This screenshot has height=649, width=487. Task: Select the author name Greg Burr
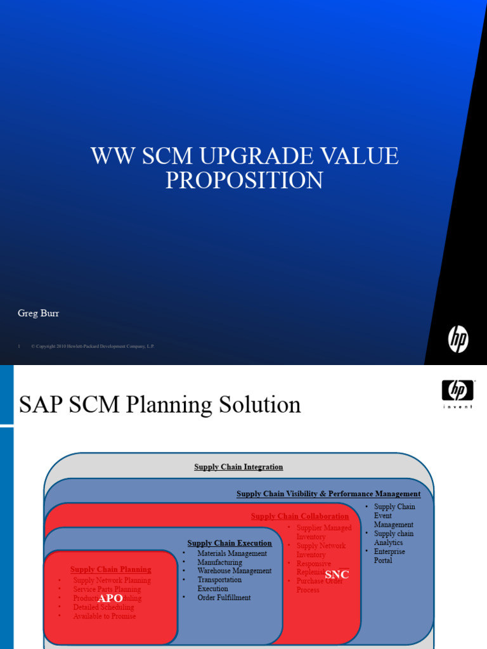tap(38, 313)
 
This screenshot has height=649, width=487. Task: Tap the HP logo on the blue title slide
tap(458, 339)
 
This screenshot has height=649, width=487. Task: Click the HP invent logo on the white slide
tap(458, 392)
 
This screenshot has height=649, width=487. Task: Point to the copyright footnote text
tap(93, 347)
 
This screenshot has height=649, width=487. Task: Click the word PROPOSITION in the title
tap(244, 180)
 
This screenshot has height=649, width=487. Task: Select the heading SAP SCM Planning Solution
tap(160, 404)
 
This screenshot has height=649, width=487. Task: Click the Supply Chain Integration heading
tap(238, 467)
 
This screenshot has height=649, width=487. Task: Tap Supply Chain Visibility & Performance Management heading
tap(328, 494)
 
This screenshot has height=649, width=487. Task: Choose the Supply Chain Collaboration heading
tap(300, 517)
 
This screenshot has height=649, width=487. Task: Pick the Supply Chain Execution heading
tap(230, 543)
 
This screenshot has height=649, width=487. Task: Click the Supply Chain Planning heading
tap(110, 570)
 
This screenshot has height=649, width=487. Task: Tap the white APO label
tap(110, 598)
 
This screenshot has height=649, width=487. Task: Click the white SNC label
tap(337, 575)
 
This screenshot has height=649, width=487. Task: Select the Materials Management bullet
tap(232, 553)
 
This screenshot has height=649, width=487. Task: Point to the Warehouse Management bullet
tap(234, 571)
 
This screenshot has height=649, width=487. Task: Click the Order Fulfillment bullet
tap(224, 598)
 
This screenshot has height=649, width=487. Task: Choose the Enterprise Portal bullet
tap(389, 556)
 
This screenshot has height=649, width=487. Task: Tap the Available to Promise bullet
tap(105, 616)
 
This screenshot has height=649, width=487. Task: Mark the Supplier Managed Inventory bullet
tap(323, 532)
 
